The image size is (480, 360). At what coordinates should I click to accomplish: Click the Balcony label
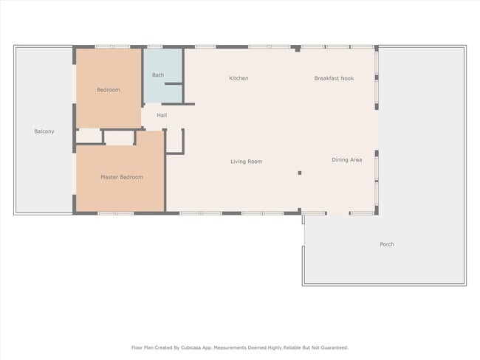pos(44,131)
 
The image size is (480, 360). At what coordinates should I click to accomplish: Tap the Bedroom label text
pos(109,90)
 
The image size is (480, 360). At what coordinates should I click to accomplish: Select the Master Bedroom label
pos(122,177)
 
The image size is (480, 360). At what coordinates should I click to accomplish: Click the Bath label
pos(158,75)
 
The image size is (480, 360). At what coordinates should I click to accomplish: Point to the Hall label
pos(162,115)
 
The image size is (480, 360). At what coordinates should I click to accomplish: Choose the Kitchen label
pos(239,78)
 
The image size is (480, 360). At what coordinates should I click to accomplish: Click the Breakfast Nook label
pos(334,78)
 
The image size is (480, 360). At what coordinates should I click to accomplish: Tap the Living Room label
pos(246,162)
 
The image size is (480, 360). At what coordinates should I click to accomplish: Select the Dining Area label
pos(346,160)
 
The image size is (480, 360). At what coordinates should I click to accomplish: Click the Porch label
pos(387,244)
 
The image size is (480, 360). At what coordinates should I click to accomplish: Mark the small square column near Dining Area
pos(299,173)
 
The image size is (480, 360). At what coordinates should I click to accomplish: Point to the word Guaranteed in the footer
pos(332,347)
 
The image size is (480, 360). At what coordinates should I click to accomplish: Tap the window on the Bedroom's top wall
pos(112,47)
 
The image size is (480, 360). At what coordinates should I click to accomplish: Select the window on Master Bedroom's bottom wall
pos(115,213)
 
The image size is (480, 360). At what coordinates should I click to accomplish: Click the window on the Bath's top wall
pos(163,47)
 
